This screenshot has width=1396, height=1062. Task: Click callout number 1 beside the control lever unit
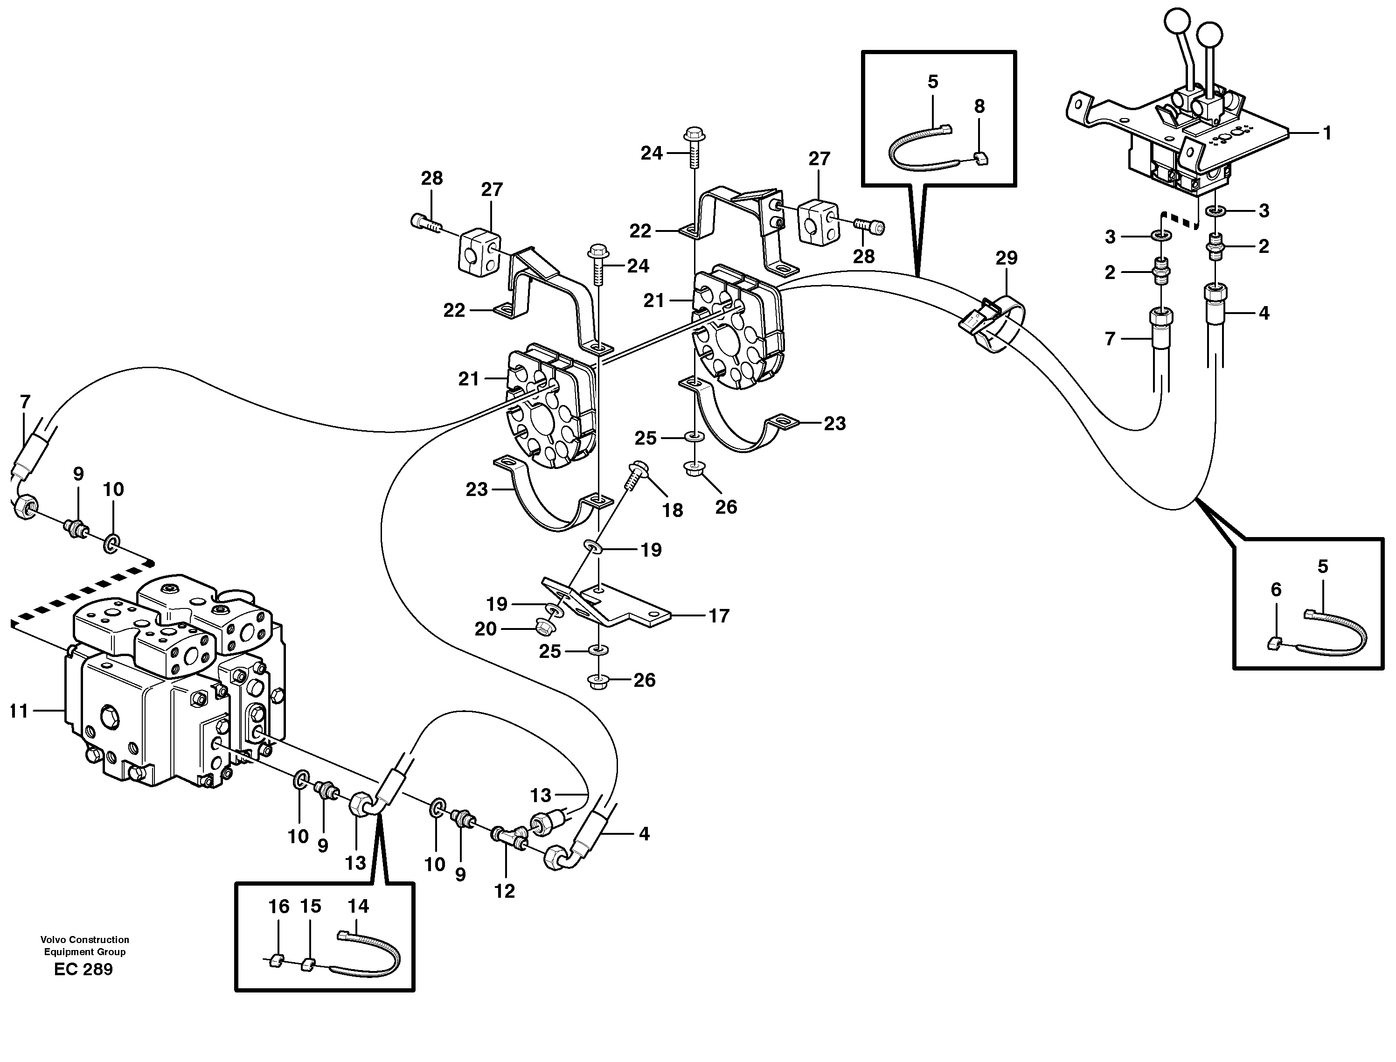(x=1327, y=133)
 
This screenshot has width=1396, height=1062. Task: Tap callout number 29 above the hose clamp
(x=1007, y=258)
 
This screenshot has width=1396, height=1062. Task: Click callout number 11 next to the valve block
(x=19, y=711)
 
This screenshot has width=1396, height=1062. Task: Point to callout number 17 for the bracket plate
(x=719, y=616)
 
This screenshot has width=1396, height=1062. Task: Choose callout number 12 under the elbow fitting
(x=504, y=891)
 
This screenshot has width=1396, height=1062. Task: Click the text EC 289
(x=83, y=970)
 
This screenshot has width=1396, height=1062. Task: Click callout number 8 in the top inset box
(x=979, y=107)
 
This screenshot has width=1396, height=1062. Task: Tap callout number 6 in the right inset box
(x=1276, y=590)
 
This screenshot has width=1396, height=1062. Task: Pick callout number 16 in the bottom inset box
(x=279, y=907)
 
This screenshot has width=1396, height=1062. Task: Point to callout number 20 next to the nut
(x=486, y=629)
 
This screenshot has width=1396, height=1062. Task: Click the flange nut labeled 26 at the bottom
(x=598, y=681)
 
